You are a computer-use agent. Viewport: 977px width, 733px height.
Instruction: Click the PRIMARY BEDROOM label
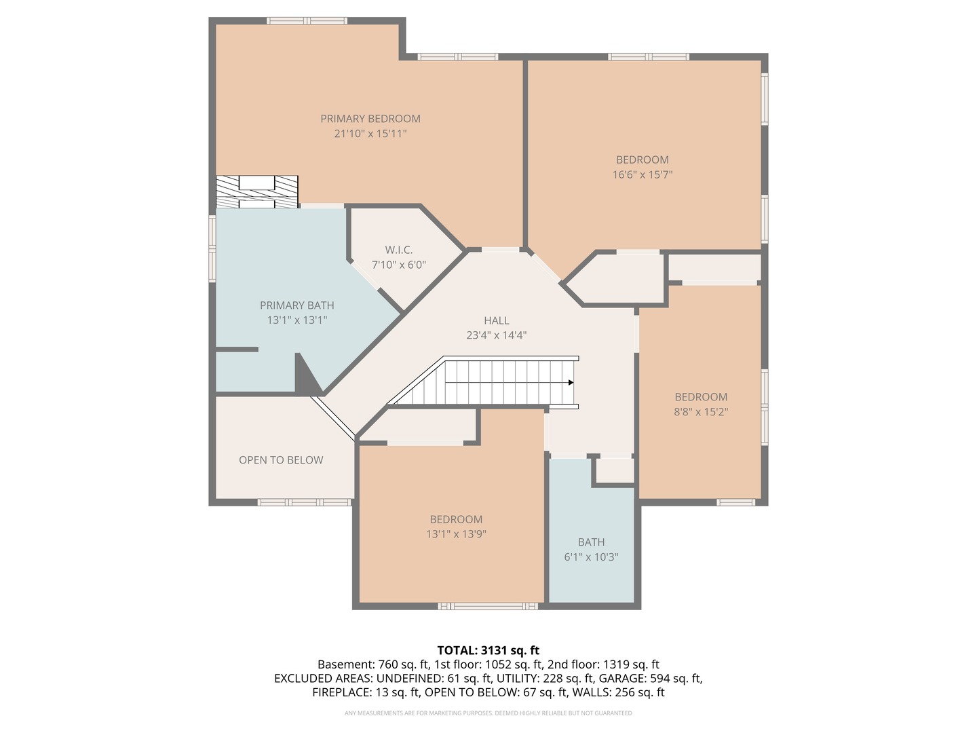point(370,119)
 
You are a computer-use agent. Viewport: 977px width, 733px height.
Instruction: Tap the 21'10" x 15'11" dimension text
point(370,134)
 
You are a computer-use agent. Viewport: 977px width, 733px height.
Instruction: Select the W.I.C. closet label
point(398,250)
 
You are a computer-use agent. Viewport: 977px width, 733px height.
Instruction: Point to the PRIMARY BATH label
point(296,305)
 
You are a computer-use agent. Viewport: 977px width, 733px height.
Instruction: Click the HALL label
point(497,320)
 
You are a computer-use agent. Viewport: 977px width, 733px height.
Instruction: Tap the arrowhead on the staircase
point(571,383)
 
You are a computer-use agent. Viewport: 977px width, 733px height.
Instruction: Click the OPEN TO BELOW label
point(281,460)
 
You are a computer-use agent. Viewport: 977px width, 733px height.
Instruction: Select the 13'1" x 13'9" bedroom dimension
point(456,534)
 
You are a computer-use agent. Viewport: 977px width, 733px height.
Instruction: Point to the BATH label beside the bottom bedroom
point(591,542)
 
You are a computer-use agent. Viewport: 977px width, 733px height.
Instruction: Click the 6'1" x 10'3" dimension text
point(591,557)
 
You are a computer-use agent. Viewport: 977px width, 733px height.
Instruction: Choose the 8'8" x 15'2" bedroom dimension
point(701,412)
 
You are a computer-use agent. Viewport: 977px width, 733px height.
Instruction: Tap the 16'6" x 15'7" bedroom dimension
point(643,174)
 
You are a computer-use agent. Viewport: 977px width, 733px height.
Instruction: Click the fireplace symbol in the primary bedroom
point(257,191)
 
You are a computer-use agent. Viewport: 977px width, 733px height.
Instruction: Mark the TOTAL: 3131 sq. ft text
point(488,650)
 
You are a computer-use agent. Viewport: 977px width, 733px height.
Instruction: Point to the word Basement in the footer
point(345,664)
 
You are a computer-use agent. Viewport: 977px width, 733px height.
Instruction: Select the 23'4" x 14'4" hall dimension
point(497,335)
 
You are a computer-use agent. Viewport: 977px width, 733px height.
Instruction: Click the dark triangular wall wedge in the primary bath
point(306,377)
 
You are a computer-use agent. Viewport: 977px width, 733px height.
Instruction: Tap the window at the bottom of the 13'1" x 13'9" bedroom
point(488,606)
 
